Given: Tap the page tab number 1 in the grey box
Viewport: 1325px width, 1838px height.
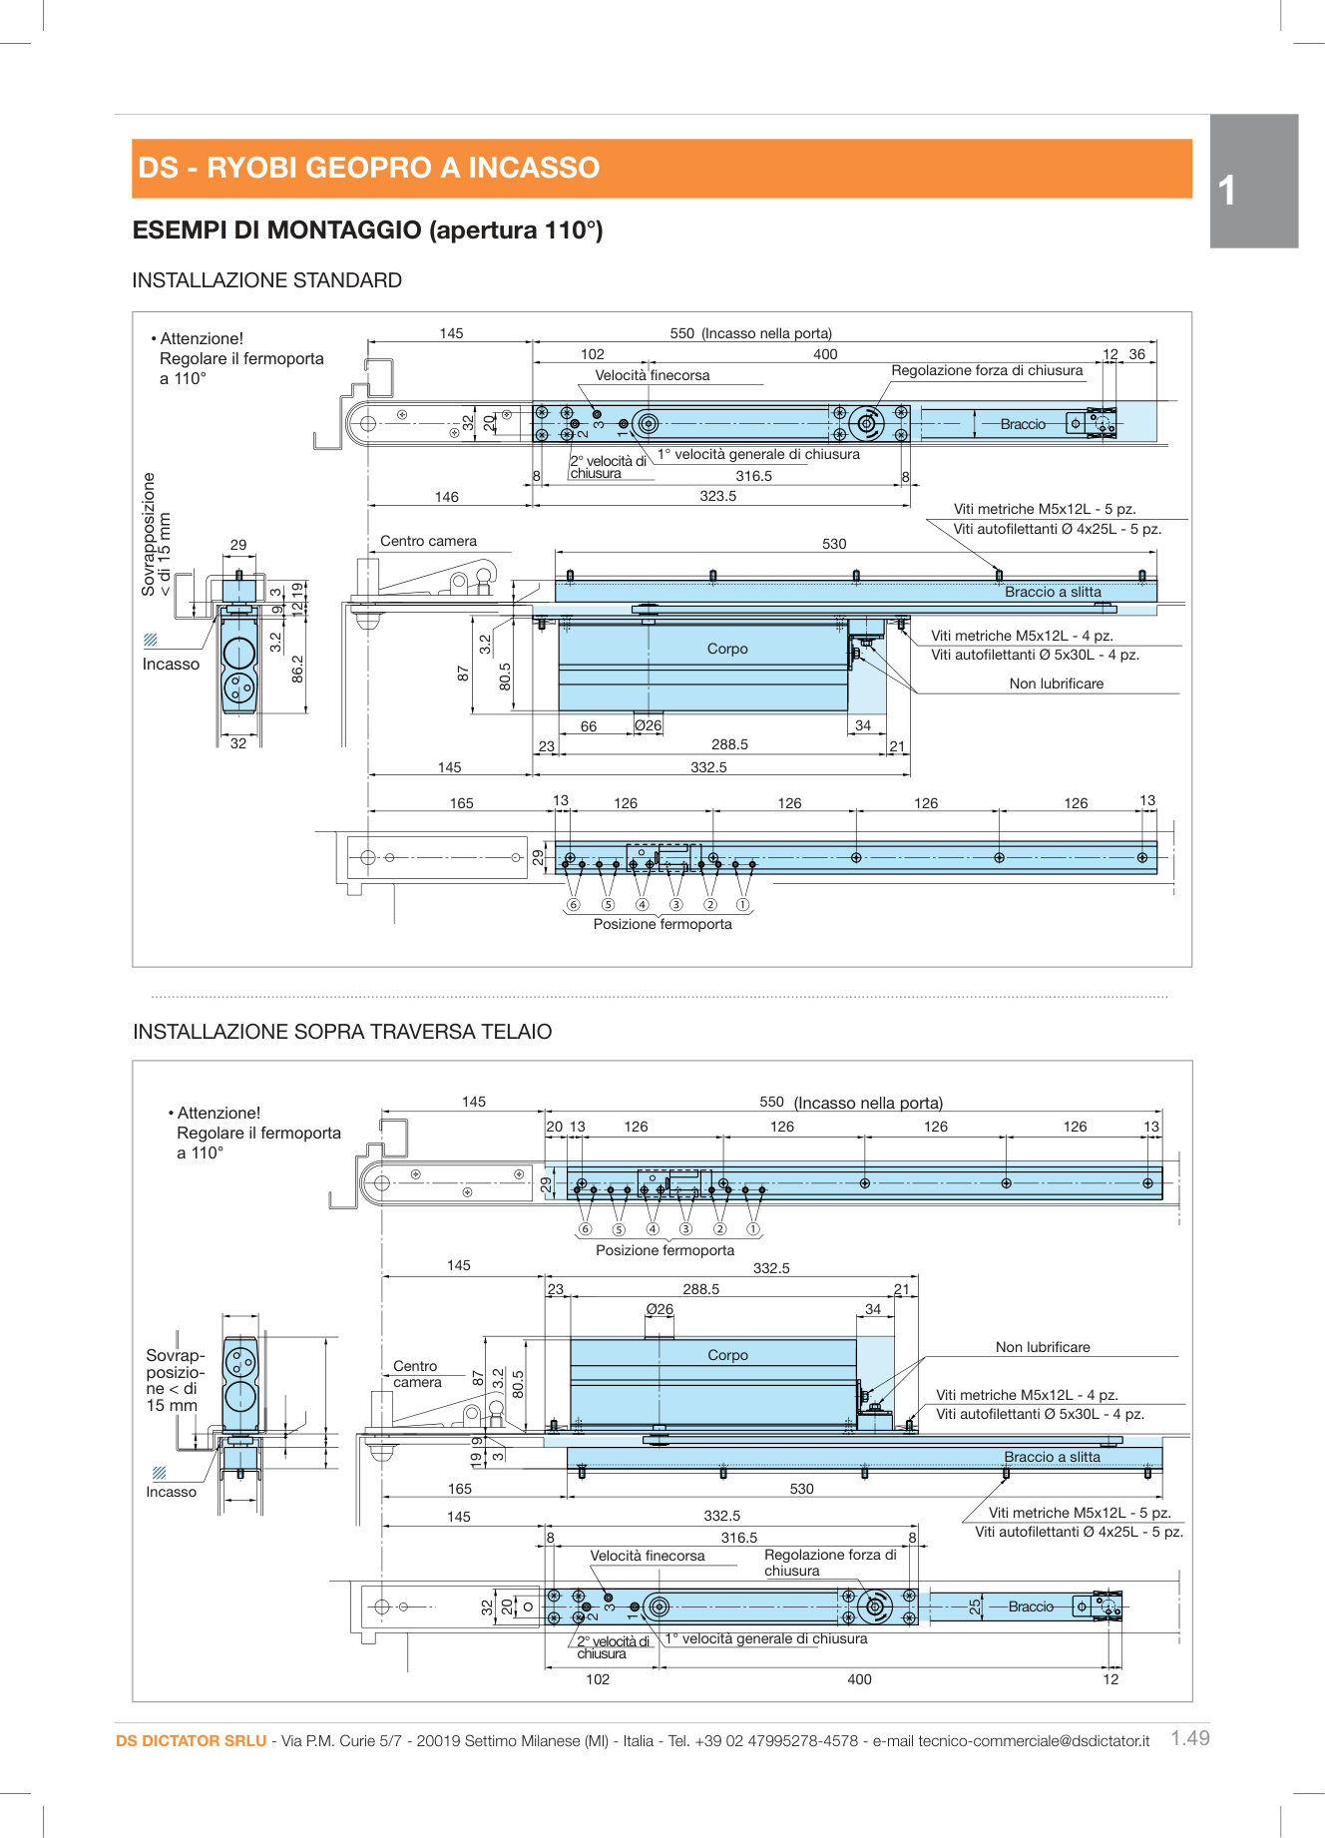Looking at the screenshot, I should point(1227,191).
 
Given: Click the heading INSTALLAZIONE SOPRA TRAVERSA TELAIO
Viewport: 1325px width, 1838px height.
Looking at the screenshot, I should point(342,1032).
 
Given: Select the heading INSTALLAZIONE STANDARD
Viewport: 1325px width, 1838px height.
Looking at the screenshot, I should point(266,280).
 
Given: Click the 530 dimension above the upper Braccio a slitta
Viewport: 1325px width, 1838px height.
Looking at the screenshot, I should point(834,544).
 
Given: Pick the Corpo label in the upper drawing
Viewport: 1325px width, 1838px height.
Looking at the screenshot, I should point(727,649).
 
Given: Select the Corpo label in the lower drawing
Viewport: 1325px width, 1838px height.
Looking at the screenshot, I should point(727,1355).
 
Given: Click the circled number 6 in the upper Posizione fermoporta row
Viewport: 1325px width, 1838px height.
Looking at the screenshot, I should point(573,905).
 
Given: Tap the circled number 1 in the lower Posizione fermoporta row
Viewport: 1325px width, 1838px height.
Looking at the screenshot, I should point(753,1229).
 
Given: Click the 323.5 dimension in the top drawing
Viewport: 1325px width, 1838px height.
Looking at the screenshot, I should point(717,496).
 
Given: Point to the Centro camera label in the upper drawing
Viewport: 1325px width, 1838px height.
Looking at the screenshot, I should point(428,541).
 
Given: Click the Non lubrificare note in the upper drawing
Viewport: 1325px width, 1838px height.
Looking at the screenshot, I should point(1056,684).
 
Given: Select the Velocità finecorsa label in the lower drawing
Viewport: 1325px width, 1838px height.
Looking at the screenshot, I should point(647,1556).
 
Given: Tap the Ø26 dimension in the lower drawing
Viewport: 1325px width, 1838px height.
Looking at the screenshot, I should point(659,1309).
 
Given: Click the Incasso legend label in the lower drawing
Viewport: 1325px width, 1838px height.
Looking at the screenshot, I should point(171,1492).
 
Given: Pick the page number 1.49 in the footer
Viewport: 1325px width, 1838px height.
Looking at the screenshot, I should point(1189,1738).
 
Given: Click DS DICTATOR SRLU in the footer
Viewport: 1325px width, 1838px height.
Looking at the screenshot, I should point(191,1740).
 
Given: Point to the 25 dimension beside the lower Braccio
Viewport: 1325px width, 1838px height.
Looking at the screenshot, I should point(975,1607).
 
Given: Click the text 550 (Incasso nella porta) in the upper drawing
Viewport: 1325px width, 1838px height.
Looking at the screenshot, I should point(750,333).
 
